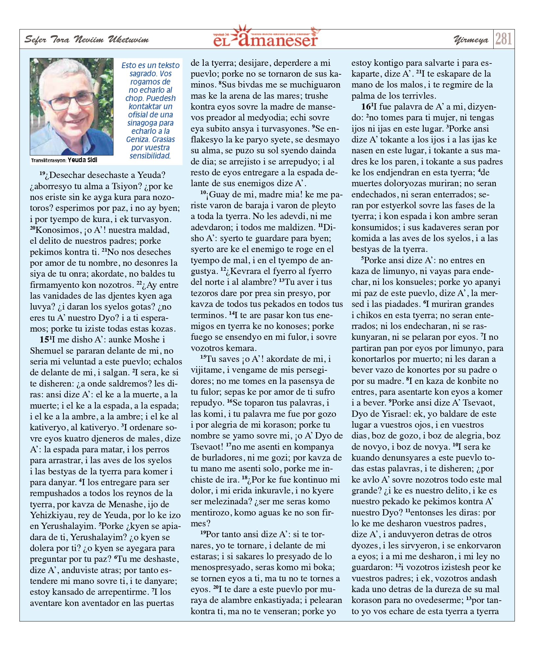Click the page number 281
pyautogui.click(x=504, y=39)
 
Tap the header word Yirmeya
pyautogui.click(x=471, y=40)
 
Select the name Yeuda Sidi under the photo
pyautogui.click(x=82, y=160)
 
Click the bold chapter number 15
pyautogui.click(x=44, y=339)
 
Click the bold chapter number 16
pyautogui.click(x=365, y=107)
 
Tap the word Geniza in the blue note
pyautogui.click(x=137, y=139)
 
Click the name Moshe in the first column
pyautogui.click(x=147, y=339)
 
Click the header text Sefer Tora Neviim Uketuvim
pyautogui.click(x=87, y=40)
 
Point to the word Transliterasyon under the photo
pyautogui.click(x=49, y=161)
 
